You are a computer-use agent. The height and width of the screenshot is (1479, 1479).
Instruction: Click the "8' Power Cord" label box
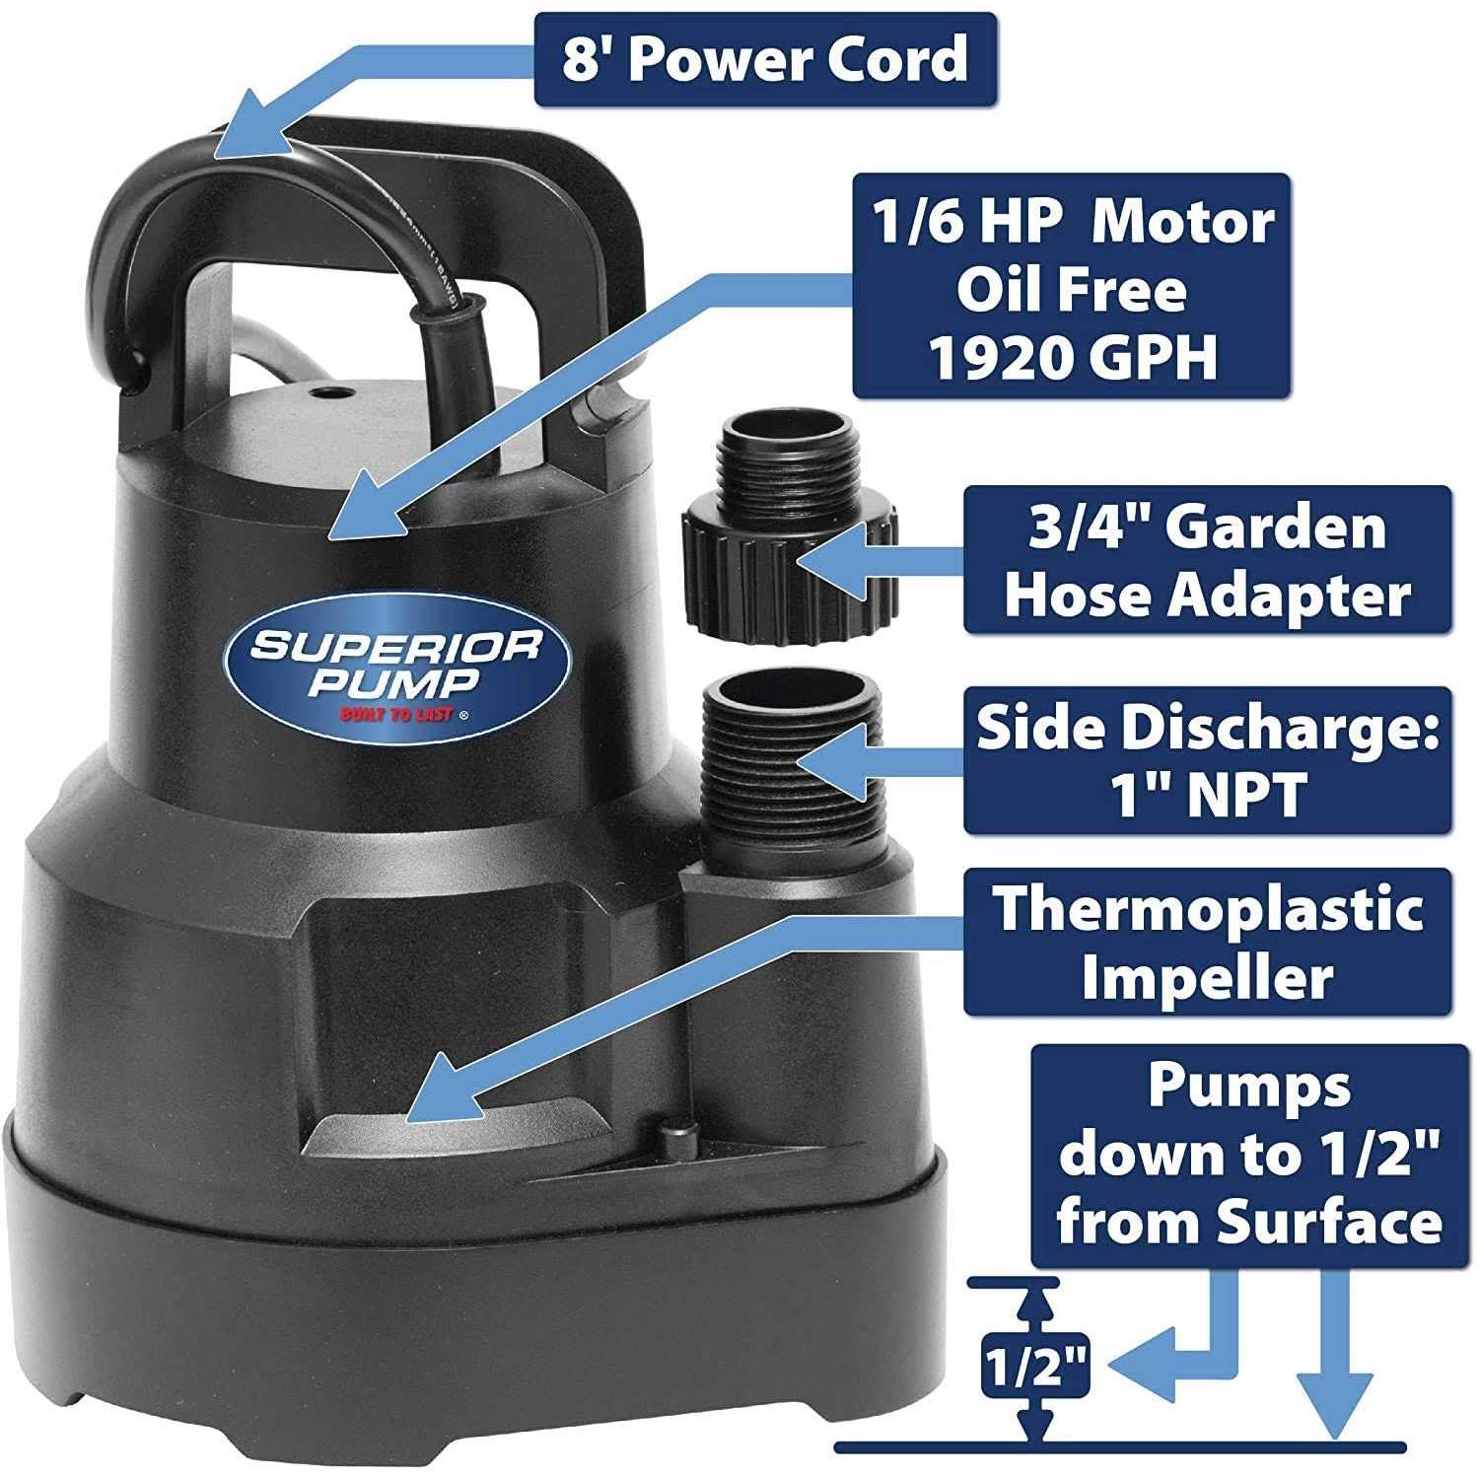tap(764, 59)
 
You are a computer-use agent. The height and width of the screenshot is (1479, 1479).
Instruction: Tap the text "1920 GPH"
tap(1073, 358)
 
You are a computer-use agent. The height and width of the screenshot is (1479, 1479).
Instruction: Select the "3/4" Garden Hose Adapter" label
tap(1207, 559)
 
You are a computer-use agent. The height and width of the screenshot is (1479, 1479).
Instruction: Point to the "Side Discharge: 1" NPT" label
tap(1207, 760)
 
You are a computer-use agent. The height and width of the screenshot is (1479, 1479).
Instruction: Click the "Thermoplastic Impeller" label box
tap(1207, 942)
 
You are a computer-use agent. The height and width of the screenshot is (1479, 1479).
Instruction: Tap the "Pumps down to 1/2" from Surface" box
tap(1248, 1155)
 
